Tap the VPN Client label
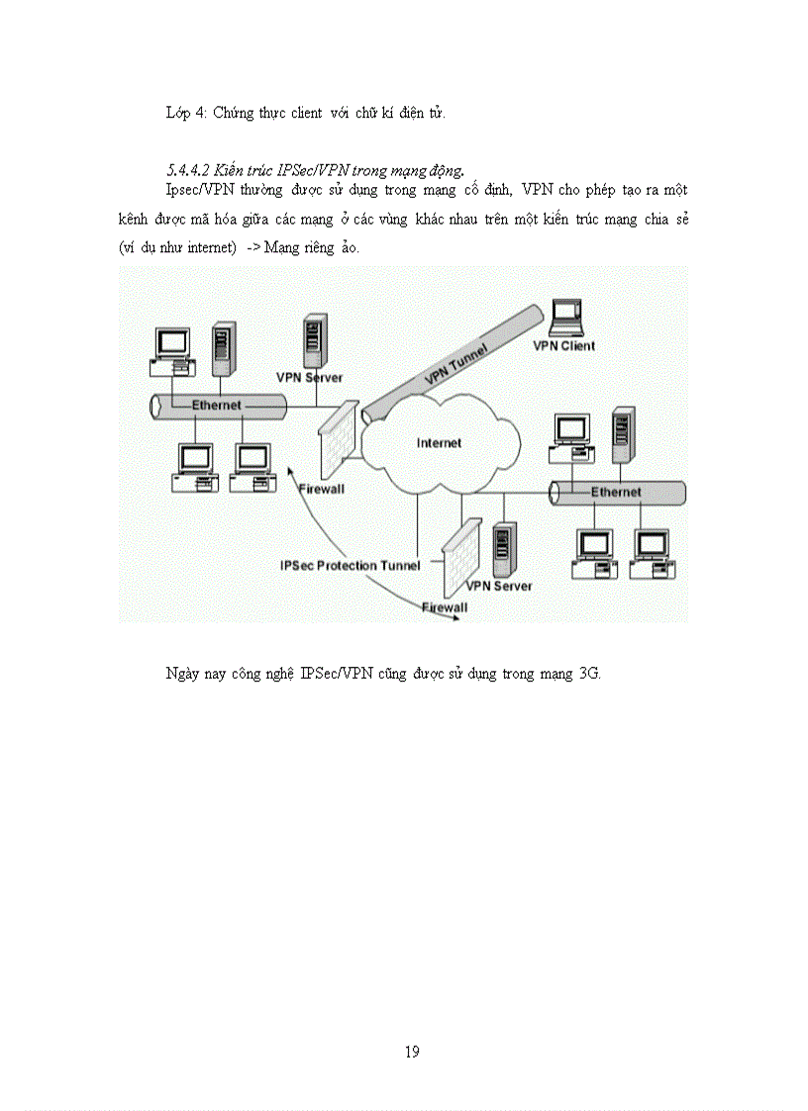(564, 346)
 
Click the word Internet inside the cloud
(439, 443)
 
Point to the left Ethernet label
(216, 406)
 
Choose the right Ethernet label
(616, 492)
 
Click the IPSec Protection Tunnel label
(351, 565)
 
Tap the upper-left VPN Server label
(309, 378)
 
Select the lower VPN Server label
(499, 586)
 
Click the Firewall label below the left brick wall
(322, 490)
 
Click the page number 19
(412, 1052)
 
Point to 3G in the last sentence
(588, 675)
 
